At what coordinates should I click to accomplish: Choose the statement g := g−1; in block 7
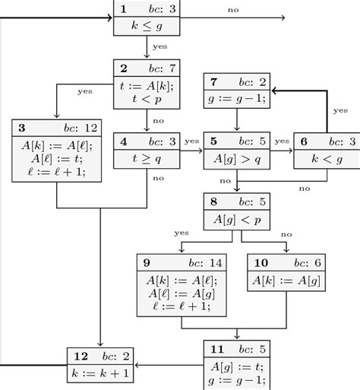[x=238, y=99]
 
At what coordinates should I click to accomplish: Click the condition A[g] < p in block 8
[x=238, y=220]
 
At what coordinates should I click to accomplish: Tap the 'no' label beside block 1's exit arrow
[x=231, y=9]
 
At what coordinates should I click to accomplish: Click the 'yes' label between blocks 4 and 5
[x=191, y=141]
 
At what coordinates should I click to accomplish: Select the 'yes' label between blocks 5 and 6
[x=282, y=141]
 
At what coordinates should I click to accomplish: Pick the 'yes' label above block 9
[x=182, y=233]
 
